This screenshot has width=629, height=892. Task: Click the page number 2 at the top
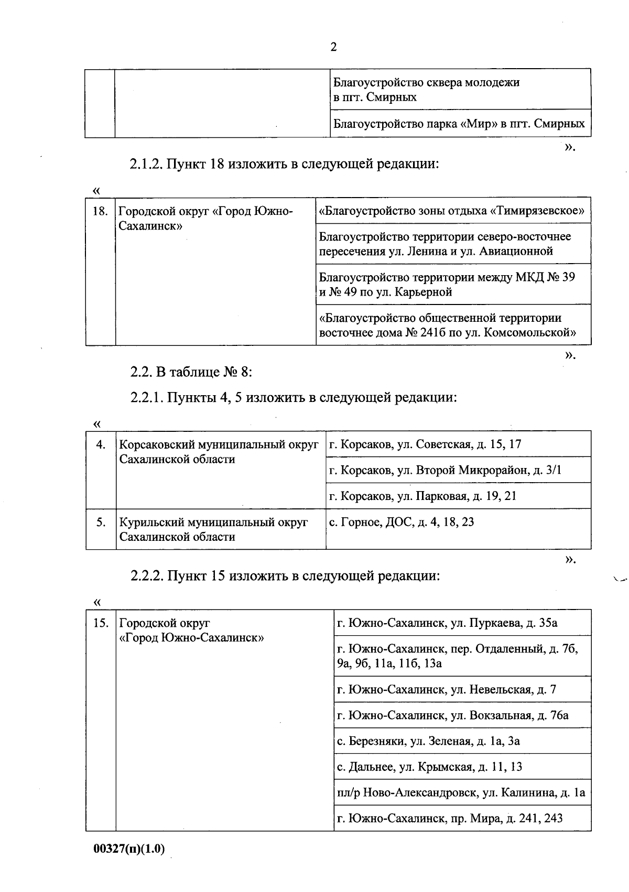[333, 48]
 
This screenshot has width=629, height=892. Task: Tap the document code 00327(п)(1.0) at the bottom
[129, 849]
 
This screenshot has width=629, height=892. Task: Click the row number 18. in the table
[100, 211]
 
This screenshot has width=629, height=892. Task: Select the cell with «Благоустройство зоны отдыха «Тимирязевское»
[452, 211]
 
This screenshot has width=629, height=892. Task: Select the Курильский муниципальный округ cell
[214, 529]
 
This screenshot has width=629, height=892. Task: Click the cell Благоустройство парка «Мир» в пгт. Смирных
[459, 124]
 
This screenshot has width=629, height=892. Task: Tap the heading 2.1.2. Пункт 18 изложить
[284, 164]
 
